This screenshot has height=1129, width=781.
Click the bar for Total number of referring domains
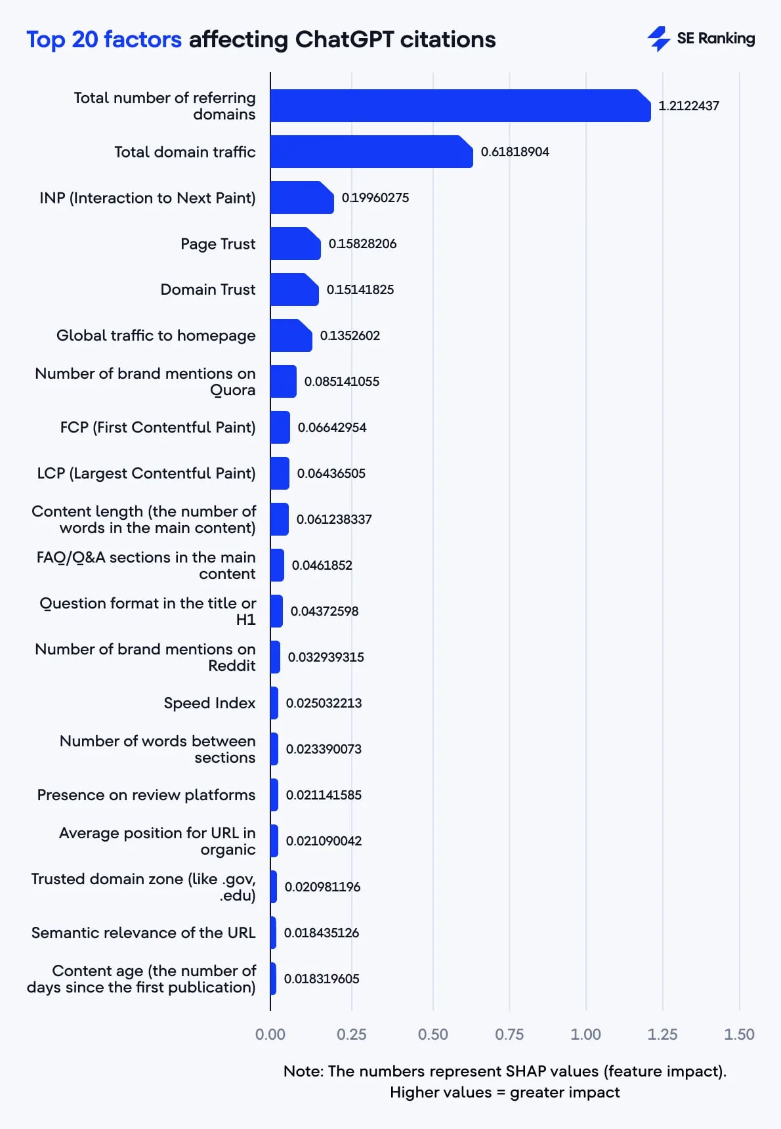[459, 106]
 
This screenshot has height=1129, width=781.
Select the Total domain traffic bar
[371, 152]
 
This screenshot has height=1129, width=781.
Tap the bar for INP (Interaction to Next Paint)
[301, 198]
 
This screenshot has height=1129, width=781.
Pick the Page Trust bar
[295, 244]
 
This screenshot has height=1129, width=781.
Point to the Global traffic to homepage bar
[291, 335]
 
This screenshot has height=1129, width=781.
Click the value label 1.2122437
[688, 106]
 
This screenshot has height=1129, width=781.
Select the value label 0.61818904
[515, 152]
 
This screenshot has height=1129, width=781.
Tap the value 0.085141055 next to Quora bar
[341, 381]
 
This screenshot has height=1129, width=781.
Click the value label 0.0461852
[322, 565]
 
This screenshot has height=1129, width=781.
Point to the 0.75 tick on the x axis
[509, 1034]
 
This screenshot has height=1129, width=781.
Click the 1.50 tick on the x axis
[739, 1034]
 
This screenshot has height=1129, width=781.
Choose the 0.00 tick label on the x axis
[270, 1034]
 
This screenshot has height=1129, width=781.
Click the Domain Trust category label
[208, 289]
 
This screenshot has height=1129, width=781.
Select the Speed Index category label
[209, 703]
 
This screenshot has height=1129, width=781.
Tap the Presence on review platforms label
[146, 795]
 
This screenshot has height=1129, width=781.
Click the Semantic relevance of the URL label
[143, 933]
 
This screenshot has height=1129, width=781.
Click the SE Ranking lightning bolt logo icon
[658, 39]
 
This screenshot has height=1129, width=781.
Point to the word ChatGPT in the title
[344, 40]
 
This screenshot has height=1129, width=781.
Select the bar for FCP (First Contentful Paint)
[280, 427]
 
